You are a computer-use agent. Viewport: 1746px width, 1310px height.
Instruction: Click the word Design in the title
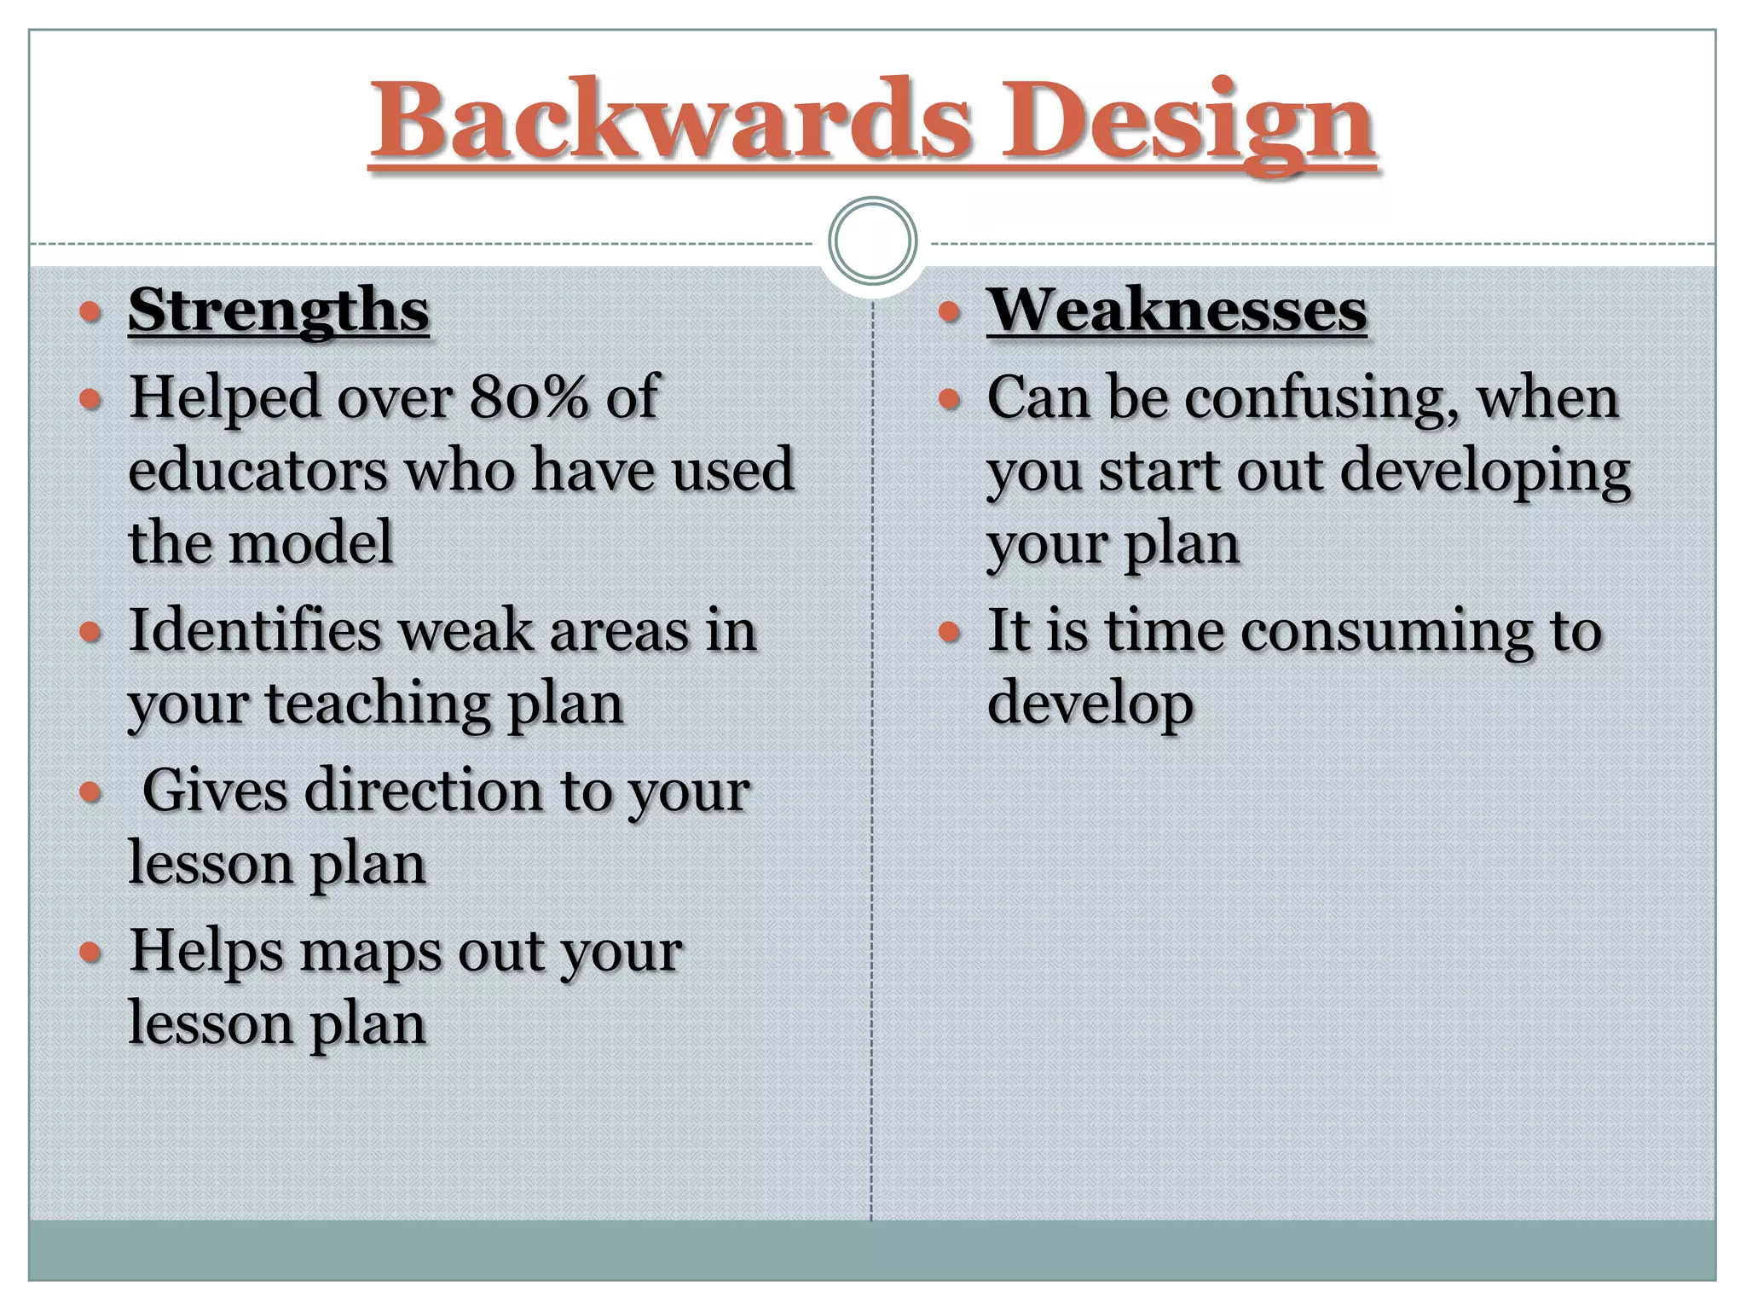1187,124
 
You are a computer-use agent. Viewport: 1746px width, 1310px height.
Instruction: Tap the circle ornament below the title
872,241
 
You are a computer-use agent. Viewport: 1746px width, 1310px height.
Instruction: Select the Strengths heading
279,310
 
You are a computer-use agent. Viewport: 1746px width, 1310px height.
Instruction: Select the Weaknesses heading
1177,310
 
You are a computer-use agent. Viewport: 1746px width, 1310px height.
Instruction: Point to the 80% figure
529,397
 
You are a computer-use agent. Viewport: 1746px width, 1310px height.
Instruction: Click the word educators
257,471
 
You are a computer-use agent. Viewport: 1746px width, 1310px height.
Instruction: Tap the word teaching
379,704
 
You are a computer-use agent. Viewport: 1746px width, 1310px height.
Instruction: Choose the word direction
424,791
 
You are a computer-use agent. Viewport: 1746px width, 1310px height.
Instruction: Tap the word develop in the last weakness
1090,704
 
